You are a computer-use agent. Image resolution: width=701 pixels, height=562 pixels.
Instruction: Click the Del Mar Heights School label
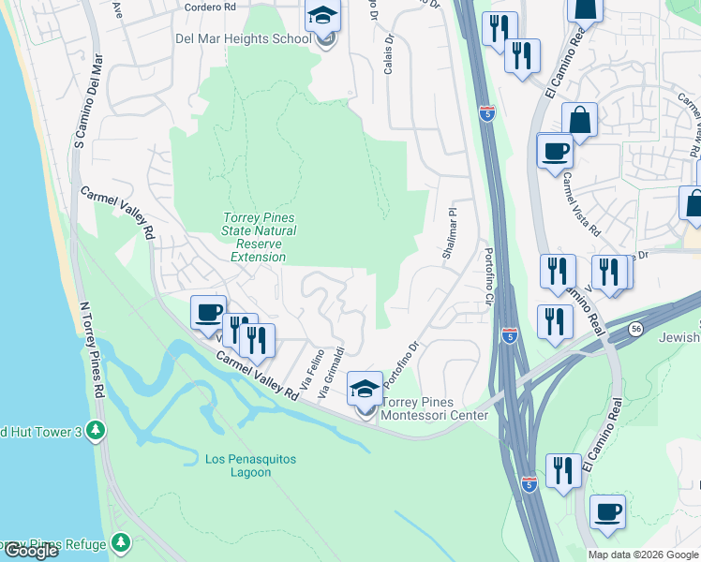pos(243,39)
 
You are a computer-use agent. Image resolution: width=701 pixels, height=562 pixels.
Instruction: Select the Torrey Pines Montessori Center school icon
pos(365,388)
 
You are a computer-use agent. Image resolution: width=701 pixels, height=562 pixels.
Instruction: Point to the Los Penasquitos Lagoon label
pos(238,466)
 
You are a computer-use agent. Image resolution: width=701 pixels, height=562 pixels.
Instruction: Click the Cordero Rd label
pos(209,7)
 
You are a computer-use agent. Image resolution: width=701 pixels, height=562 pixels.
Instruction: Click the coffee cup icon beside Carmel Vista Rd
pos(555,151)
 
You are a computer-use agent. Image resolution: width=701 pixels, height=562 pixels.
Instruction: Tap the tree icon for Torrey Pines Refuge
pos(120,542)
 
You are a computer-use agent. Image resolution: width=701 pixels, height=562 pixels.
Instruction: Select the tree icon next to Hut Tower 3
pos(94,431)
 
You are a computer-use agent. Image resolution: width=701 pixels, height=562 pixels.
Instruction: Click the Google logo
pos(31,551)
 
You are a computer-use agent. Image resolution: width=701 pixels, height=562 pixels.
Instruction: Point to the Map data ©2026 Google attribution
pos(643,555)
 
